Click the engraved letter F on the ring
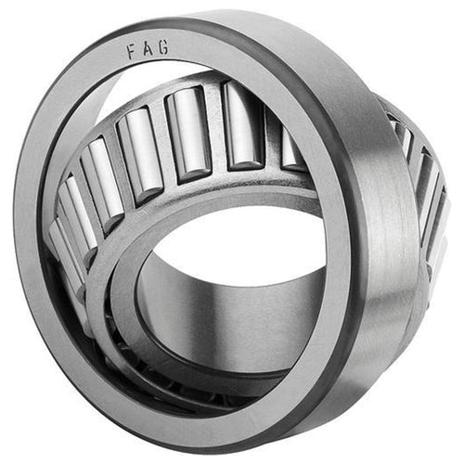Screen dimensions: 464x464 [133, 53]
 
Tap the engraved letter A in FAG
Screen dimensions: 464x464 [148, 50]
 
